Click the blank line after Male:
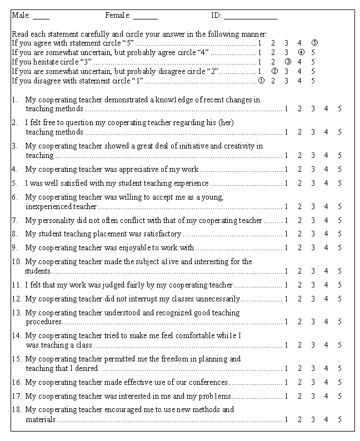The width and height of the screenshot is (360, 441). coord(41,17)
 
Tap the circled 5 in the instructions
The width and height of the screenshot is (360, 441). coord(314,42)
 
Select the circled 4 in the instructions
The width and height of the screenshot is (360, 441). coord(301,52)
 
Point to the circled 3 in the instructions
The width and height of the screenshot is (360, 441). coord(287,61)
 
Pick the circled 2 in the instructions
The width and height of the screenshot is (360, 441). coord(274,71)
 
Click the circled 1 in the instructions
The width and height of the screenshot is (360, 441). coord(261,80)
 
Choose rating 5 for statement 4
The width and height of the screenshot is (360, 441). coord(339,169)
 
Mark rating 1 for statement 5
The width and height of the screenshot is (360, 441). coord(286,183)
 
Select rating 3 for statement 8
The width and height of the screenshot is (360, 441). coord(313,234)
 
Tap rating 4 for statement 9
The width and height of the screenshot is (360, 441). coord(326,247)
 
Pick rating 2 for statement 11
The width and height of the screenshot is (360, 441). coord(299,285)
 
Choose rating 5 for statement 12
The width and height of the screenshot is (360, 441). coord(339,299)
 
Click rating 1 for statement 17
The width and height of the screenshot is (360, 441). coord(286,396)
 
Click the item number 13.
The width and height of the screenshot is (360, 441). coord(16,313)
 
